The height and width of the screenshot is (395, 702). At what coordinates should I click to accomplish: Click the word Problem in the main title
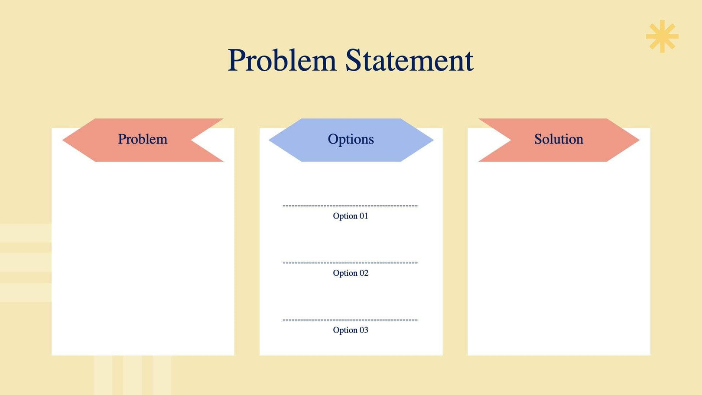pyautogui.click(x=282, y=61)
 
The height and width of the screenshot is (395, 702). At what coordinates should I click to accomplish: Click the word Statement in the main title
pyautogui.click(x=409, y=61)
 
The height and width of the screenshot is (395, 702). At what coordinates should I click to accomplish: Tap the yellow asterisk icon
pyautogui.click(x=662, y=36)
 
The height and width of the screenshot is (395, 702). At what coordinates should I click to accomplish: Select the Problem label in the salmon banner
pyautogui.click(x=143, y=139)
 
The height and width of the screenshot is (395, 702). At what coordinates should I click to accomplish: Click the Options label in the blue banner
pyautogui.click(x=351, y=139)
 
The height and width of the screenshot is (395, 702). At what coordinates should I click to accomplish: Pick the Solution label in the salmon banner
pyautogui.click(x=559, y=139)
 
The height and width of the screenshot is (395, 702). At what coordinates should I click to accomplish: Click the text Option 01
pyautogui.click(x=351, y=216)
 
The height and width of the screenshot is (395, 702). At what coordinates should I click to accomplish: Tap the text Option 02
pyautogui.click(x=351, y=273)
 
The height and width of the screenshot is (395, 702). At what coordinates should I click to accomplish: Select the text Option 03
pyautogui.click(x=351, y=330)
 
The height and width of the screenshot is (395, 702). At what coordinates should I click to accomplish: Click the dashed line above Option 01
pyautogui.click(x=351, y=206)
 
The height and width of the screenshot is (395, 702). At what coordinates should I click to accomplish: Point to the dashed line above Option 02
pyautogui.click(x=351, y=263)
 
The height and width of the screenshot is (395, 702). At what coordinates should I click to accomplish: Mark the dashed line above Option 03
pyautogui.click(x=351, y=320)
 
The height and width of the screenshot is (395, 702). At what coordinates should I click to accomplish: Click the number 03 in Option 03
pyautogui.click(x=364, y=330)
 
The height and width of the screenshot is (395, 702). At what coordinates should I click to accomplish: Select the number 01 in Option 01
pyautogui.click(x=364, y=216)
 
